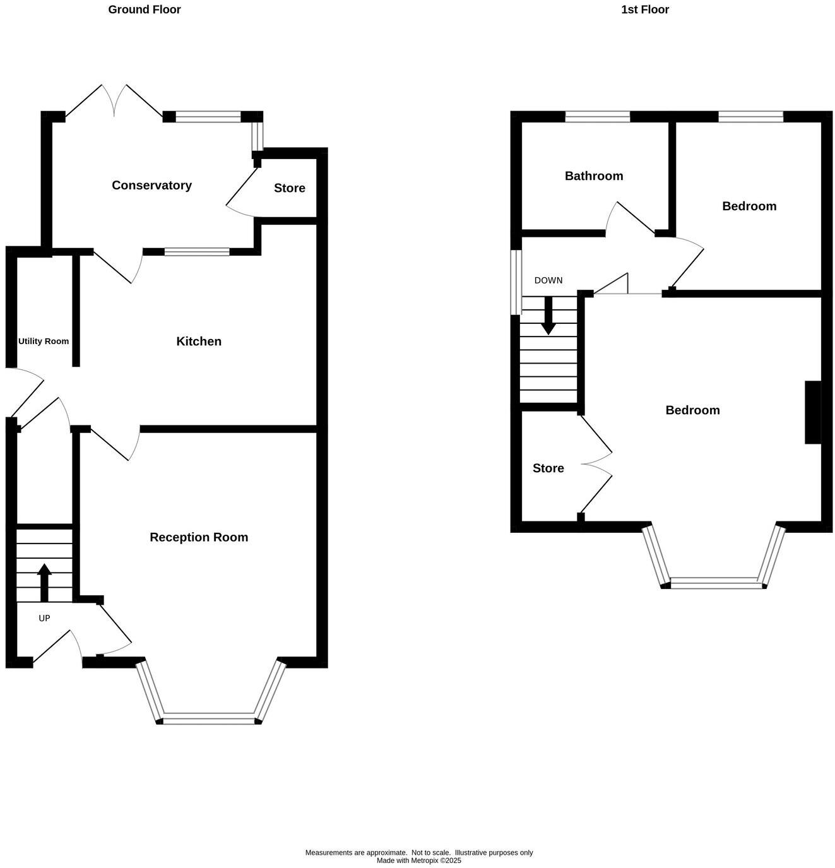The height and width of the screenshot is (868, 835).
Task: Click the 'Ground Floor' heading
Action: (144, 9)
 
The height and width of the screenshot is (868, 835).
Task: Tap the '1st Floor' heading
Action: (644, 9)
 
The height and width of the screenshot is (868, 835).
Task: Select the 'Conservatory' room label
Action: (151, 185)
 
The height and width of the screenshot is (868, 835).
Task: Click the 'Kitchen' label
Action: (198, 342)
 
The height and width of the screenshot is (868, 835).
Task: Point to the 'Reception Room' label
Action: (199, 537)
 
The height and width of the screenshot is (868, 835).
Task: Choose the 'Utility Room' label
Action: (44, 342)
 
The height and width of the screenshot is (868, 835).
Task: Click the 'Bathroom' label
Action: (593, 176)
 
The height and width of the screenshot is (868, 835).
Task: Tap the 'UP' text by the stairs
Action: (44, 618)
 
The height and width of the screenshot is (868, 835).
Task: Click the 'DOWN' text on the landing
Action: (548, 280)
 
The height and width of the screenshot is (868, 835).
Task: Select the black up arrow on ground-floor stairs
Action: (44, 581)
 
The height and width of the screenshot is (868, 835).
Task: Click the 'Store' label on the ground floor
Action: (289, 188)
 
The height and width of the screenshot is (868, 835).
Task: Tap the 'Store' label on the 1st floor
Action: (548, 468)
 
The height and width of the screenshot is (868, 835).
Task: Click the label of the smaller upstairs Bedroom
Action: (749, 206)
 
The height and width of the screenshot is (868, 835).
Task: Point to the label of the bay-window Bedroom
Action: (692, 410)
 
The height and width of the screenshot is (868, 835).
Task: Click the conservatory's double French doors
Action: (114, 101)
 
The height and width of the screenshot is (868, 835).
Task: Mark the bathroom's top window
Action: (597, 116)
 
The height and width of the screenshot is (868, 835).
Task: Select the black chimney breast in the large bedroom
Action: (813, 412)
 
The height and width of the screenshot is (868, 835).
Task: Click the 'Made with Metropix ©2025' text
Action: (419, 860)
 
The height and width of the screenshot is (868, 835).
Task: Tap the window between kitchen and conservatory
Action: (197, 252)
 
